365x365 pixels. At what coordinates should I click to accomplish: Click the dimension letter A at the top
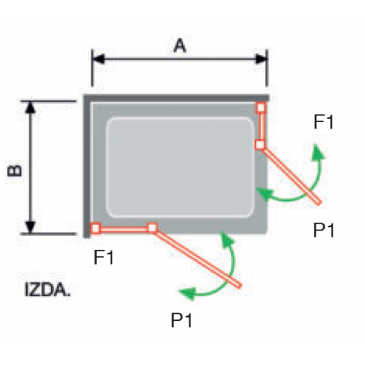[179, 46]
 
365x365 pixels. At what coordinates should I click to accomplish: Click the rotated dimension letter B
[15, 170]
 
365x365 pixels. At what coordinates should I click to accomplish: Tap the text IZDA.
[47, 289]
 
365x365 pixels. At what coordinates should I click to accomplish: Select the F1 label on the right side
[323, 122]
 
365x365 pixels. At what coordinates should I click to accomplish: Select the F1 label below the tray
[104, 258]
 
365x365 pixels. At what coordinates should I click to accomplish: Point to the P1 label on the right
[324, 230]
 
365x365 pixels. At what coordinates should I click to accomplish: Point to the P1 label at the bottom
[182, 320]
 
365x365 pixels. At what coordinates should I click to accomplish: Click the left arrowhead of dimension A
[98, 59]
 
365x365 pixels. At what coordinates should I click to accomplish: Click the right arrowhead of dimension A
[261, 59]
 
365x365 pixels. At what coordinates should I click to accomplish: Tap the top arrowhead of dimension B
[30, 107]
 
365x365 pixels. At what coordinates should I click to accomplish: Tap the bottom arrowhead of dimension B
[30, 227]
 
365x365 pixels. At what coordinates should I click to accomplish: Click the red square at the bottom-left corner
[95, 228]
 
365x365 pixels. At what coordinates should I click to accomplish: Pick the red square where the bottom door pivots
[152, 227]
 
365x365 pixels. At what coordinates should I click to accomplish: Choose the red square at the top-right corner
[261, 107]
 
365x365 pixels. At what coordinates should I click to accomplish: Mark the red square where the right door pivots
[260, 145]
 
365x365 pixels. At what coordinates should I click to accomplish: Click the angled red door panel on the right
[292, 176]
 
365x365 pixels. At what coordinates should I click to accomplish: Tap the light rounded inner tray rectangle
[181, 168]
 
